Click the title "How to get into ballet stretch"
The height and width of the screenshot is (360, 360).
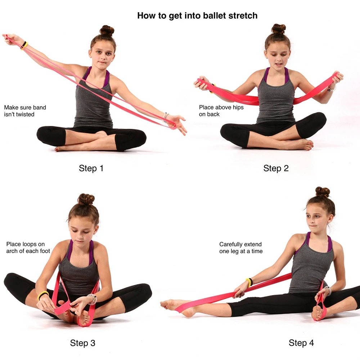pos(197,16)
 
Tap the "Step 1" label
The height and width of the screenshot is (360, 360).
pos(91,168)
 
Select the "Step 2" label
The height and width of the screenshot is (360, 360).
pos(276,168)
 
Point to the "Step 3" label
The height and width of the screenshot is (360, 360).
pos(82,343)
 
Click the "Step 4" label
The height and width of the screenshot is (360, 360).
pos(301,343)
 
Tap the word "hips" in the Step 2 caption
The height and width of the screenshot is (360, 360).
pos(237,107)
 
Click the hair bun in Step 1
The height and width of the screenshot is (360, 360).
pos(107,30)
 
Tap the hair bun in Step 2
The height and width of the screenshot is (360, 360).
pos(278,29)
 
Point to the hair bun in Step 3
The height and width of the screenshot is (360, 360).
pos(86,199)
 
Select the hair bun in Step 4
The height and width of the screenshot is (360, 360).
pos(323,192)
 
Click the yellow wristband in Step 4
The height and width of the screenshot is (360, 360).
pos(249,282)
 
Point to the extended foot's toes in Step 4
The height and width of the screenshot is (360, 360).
pos(165,305)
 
